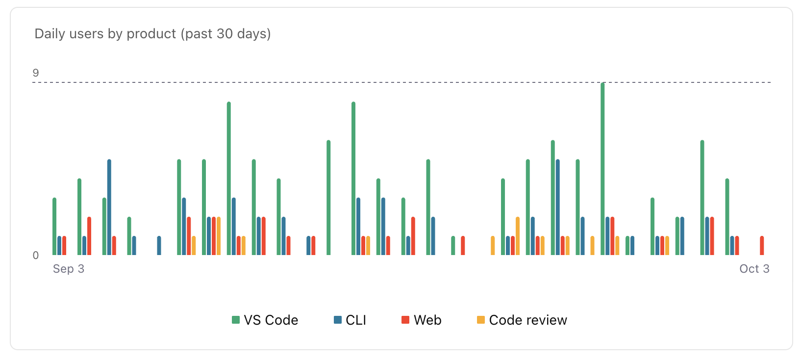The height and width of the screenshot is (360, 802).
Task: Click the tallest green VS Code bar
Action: (602, 169)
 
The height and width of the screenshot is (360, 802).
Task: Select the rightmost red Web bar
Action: (762, 246)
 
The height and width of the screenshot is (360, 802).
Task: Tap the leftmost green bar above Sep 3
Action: (54, 226)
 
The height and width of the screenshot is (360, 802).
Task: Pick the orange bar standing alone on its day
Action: (493, 246)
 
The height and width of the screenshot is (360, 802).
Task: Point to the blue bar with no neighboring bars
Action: (159, 246)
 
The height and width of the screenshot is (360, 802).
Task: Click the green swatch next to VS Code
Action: (236, 320)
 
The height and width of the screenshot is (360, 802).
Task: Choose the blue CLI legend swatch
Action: (338, 320)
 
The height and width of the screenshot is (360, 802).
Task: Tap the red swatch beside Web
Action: (405, 320)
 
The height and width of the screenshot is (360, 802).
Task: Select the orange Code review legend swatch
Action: (481, 320)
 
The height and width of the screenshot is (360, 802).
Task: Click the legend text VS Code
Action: (271, 320)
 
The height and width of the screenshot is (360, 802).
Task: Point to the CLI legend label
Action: (356, 320)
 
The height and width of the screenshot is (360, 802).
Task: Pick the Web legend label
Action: (427, 320)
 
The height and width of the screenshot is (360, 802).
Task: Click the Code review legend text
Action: (528, 320)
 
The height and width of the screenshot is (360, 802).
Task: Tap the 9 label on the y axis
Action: (36, 73)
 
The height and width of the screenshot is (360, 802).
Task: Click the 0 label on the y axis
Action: (36, 256)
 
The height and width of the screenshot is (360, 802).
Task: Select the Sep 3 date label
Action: (69, 269)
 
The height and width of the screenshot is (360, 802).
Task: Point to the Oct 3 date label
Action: (754, 269)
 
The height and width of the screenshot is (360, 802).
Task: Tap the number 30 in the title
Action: (225, 34)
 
